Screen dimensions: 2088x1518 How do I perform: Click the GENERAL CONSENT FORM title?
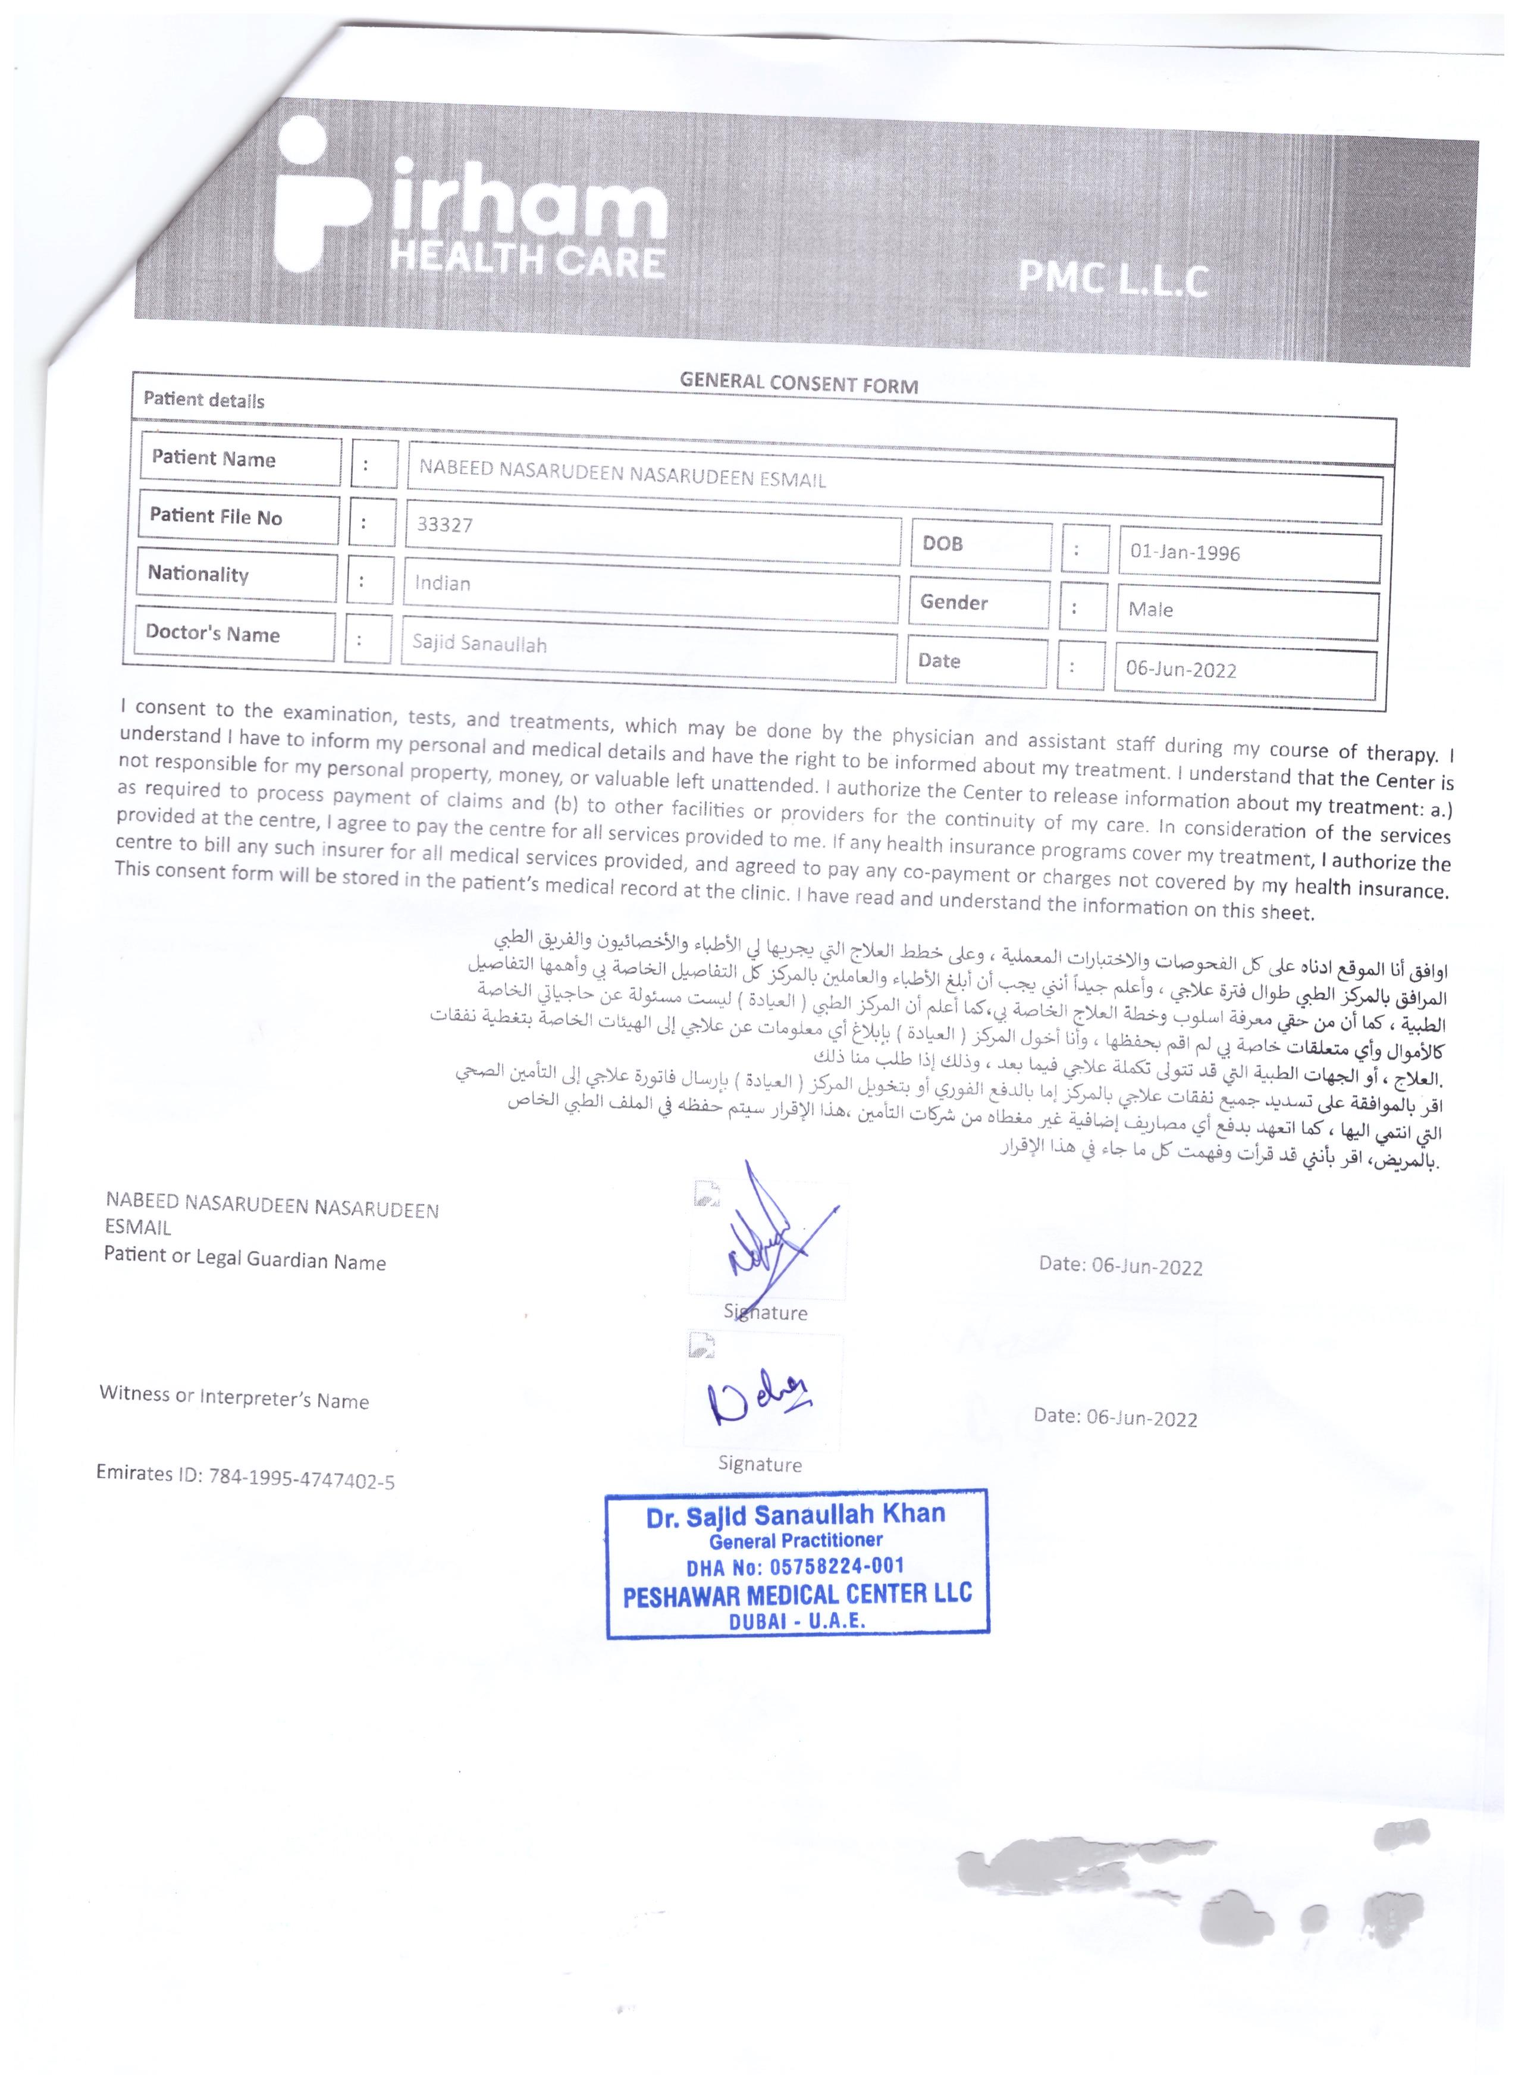(x=798, y=383)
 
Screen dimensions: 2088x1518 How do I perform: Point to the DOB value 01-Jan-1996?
(x=1185, y=553)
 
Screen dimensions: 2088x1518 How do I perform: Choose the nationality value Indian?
(x=443, y=583)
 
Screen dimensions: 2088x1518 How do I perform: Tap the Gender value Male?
(x=1151, y=610)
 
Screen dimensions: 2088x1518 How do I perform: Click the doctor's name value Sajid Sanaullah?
(x=479, y=642)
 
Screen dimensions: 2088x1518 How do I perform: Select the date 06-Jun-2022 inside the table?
(x=1181, y=669)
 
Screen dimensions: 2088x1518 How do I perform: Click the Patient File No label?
(x=215, y=516)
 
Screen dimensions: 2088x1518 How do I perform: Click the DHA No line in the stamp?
(x=795, y=1566)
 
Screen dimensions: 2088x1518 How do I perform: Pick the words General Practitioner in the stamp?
(x=795, y=1540)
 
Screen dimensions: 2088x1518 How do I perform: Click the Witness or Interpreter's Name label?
(x=234, y=1397)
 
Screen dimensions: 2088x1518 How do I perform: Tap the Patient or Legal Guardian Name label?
(x=245, y=1259)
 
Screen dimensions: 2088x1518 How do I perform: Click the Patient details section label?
(x=203, y=400)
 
